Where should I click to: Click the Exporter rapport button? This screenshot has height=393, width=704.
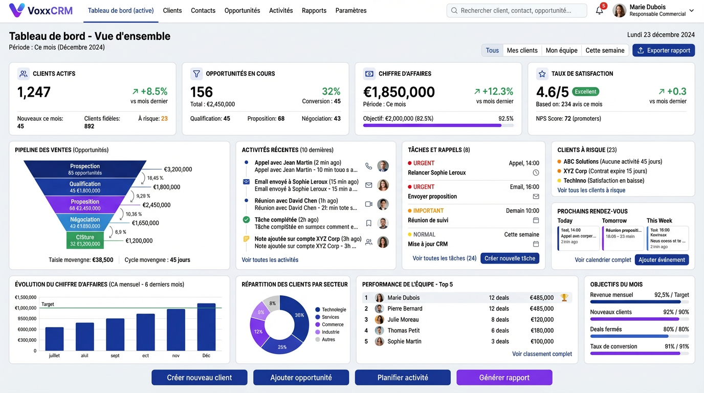664,50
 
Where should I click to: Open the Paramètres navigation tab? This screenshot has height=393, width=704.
350,10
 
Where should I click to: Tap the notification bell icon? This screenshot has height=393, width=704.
599,11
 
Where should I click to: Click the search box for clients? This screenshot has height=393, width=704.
516,10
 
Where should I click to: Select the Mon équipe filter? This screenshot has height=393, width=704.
561,50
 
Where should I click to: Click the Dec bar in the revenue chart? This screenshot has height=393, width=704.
206,327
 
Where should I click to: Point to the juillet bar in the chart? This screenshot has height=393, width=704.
54,339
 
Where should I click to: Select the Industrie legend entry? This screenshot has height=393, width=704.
330,332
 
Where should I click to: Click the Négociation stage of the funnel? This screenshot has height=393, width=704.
85,223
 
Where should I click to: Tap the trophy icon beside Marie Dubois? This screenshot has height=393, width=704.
564,297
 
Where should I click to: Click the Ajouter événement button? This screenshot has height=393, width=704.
662,259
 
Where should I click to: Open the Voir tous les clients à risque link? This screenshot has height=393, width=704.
591,190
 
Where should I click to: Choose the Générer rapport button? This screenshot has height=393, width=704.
504,378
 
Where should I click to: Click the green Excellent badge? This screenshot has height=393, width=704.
585,92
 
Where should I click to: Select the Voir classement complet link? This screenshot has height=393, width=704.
542,354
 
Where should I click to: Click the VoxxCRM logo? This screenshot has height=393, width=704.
41,10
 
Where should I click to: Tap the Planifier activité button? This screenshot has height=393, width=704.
403,378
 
